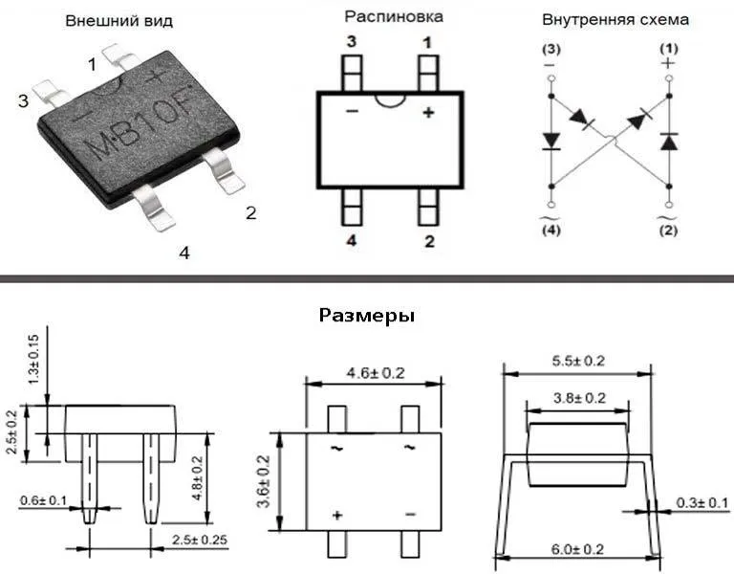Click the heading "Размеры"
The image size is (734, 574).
tap(367, 317)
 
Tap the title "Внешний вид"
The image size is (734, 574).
tap(119, 21)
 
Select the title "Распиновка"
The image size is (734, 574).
tap(394, 17)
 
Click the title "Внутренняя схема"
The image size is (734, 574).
tap(615, 20)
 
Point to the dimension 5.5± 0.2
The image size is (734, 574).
tap(578, 362)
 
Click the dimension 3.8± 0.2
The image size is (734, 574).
tap(579, 398)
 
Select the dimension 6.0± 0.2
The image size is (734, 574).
tap(577, 549)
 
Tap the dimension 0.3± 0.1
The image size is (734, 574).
tap(702, 503)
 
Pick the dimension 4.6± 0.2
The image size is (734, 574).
tap(376, 373)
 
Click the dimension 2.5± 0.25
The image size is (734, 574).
tap(200, 540)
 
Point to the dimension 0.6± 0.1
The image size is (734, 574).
tap(43, 501)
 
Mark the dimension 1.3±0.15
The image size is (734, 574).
tap(33, 360)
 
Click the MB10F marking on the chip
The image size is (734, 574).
tap(140, 121)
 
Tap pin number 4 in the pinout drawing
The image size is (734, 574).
tap(351, 241)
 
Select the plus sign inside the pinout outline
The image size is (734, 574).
tap(428, 113)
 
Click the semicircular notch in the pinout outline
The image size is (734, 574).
tap(390, 100)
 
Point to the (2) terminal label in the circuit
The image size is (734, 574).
tap(668, 231)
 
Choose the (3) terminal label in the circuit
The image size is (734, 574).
tap(550, 49)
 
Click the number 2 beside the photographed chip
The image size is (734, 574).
tap(251, 213)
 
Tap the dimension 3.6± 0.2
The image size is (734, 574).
tap(264, 481)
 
